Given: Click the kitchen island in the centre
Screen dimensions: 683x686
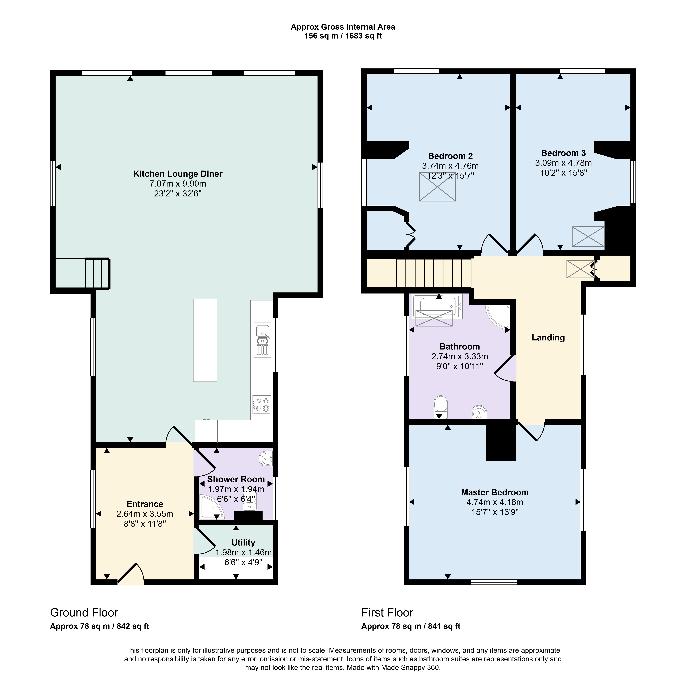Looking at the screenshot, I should (x=205, y=340).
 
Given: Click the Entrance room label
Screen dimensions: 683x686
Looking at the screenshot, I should (x=145, y=504).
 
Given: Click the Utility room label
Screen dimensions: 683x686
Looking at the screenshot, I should (x=243, y=543).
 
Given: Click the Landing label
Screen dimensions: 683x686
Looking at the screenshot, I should (x=548, y=338).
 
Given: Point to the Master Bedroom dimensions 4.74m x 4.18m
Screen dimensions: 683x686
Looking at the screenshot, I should (x=495, y=502).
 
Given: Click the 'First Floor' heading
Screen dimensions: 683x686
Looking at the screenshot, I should (x=387, y=613).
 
